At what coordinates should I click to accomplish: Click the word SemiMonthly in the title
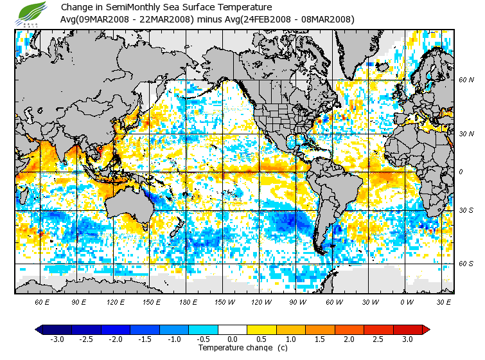pyautogui.click(x=133, y=7)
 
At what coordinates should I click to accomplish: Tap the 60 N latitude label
pyautogui.click(x=466, y=80)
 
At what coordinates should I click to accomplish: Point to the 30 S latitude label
pyautogui.click(x=466, y=210)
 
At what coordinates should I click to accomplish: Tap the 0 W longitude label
pyautogui.click(x=407, y=301)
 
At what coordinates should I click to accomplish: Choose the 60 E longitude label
pyautogui.click(x=42, y=301)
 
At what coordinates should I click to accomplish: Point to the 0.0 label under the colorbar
pyautogui.click(x=233, y=339)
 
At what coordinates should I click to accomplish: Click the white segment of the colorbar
pyautogui.click(x=233, y=329)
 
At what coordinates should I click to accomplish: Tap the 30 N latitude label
pyautogui.click(x=466, y=134)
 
